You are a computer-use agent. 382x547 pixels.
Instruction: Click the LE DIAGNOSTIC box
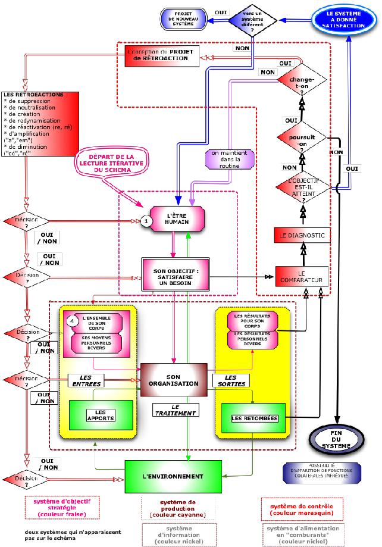click(302, 236)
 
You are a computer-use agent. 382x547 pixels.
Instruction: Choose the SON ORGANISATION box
click(173, 380)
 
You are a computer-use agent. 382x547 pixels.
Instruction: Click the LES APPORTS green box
click(101, 415)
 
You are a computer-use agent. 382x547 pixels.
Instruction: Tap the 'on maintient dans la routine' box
click(229, 159)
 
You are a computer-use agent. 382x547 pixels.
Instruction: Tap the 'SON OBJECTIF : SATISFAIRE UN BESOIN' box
click(175, 274)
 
